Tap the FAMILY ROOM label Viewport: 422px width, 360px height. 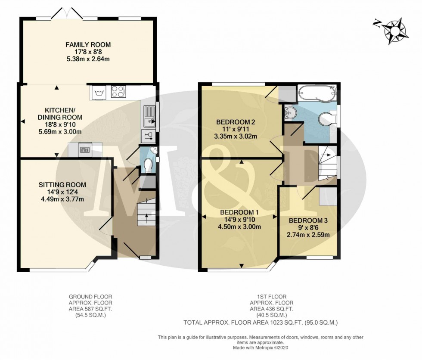[x=88, y=44]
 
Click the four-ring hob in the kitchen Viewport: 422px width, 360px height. [x=118, y=92]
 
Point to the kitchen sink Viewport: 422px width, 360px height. [x=149, y=116]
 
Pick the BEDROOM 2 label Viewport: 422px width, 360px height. [x=236, y=122]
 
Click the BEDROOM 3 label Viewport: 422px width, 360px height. [x=308, y=220]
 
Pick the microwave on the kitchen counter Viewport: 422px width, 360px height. [x=85, y=150]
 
